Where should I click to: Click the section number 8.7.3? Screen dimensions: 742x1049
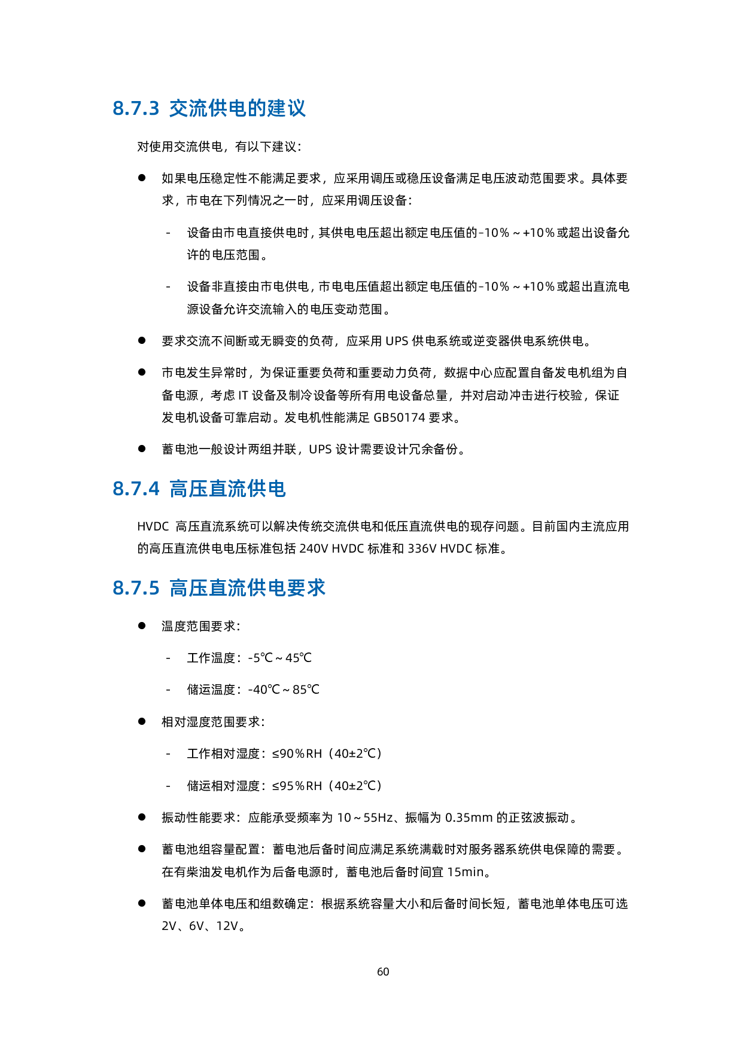point(136,109)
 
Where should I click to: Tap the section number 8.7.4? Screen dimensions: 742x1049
point(136,489)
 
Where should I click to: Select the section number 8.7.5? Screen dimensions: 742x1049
point(136,588)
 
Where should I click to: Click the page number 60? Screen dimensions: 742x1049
point(383,972)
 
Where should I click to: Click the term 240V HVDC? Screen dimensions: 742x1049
point(332,548)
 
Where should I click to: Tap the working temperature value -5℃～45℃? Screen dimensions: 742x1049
point(279,658)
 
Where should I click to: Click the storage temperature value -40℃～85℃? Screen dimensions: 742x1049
point(284,690)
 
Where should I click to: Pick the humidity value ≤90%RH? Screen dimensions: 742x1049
point(297,754)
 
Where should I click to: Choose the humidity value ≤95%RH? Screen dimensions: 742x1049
point(297,786)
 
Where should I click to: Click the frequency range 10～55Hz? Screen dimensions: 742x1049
point(365,818)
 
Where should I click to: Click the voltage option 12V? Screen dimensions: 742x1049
point(227,926)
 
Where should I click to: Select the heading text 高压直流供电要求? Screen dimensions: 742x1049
point(248,588)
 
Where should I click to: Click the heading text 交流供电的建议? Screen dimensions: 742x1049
point(238,109)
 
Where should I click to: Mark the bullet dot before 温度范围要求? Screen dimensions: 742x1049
point(142,626)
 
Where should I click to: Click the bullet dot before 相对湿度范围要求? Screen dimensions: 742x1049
point(142,721)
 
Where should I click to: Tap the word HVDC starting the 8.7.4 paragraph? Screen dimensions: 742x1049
point(153,527)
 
